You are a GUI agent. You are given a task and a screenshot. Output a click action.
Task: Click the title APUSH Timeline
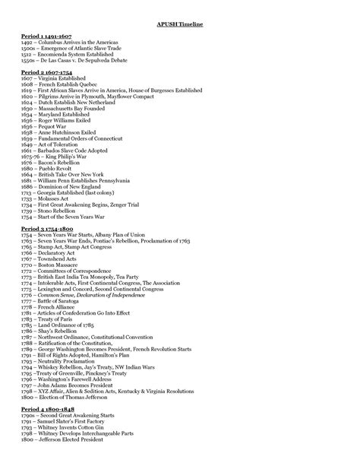(x=179, y=25)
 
